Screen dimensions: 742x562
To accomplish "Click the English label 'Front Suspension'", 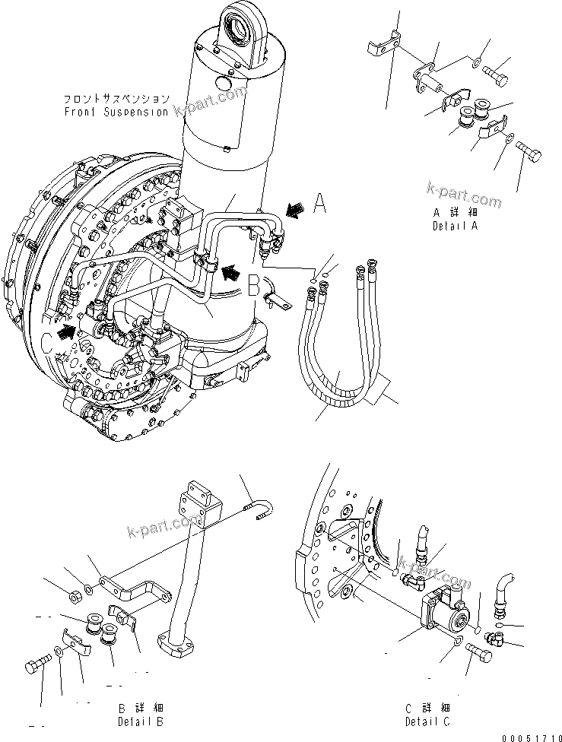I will coord(116,112).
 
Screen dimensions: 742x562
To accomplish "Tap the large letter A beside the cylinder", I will coord(321,204).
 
